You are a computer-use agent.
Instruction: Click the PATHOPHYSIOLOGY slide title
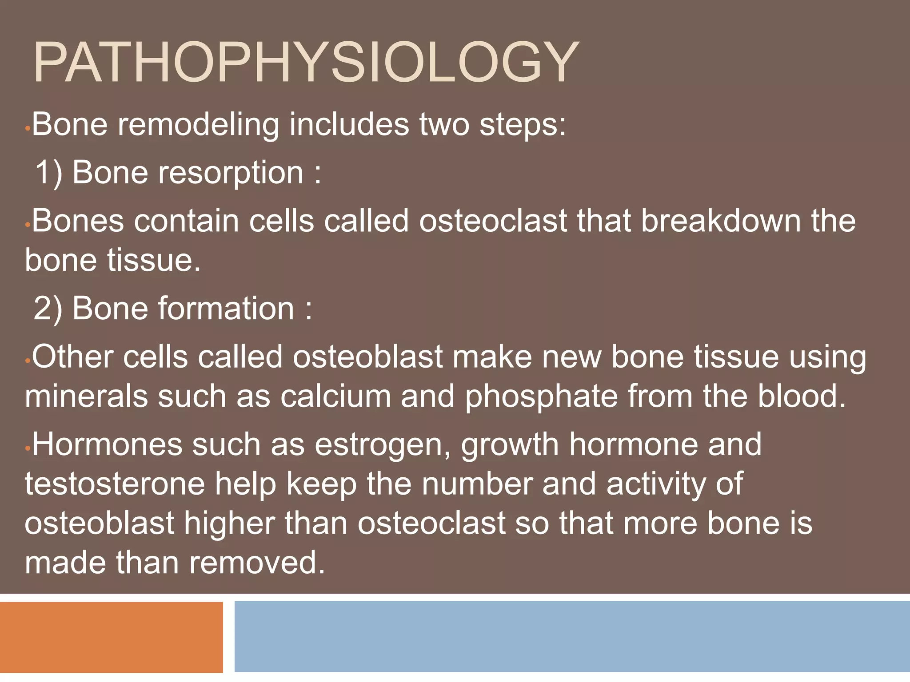click(x=306, y=63)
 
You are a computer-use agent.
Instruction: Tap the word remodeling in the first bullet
click(x=199, y=125)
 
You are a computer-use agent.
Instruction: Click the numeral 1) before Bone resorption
click(x=48, y=172)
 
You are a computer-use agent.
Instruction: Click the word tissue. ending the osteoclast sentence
click(x=154, y=260)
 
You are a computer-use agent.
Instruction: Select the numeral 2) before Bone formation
click(x=48, y=308)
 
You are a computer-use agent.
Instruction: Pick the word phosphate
click(x=541, y=396)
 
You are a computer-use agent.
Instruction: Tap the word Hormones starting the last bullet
click(x=107, y=444)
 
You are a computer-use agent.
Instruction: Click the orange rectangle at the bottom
click(x=111, y=637)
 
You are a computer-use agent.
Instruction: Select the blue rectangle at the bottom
click(x=572, y=637)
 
